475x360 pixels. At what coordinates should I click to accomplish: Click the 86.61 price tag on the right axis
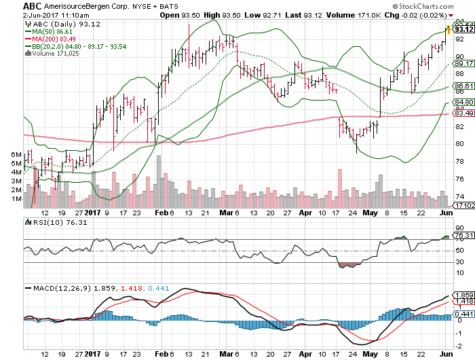(x=463, y=86)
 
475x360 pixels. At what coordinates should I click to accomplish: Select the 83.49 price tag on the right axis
(x=463, y=113)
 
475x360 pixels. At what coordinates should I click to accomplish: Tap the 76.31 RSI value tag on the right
(x=463, y=235)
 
